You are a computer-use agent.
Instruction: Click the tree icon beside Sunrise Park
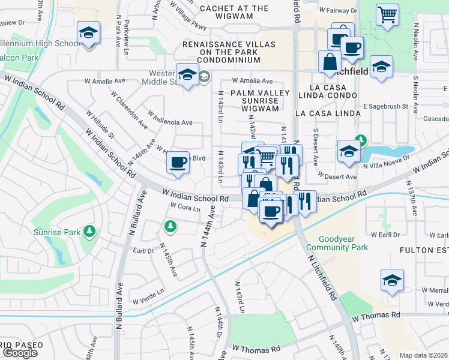tap(89, 231)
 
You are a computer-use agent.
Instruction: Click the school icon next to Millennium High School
tap(88, 32)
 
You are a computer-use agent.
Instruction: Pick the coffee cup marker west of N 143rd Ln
tap(178, 162)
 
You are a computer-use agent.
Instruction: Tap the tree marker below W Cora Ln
tap(170, 226)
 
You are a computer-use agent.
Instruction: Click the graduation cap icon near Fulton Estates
tap(392, 280)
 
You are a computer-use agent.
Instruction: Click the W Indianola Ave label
tap(170, 122)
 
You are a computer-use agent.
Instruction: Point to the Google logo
tap(20, 353)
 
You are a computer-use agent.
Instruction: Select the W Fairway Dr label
tap(338, 11)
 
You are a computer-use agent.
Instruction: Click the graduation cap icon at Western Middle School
tap(187, 75)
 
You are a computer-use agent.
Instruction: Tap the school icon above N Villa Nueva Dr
tap(348, 151)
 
